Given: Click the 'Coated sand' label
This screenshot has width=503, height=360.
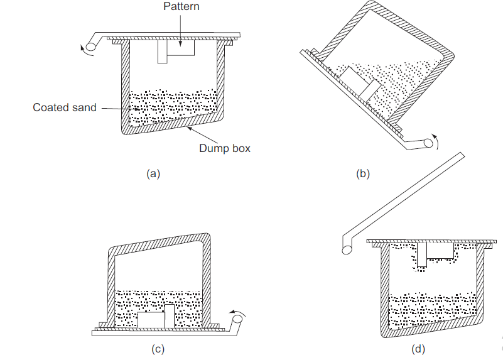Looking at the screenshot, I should [65, 107].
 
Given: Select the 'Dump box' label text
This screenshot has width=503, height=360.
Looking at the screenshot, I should [225, 148].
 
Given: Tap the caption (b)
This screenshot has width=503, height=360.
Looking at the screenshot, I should [363, 174].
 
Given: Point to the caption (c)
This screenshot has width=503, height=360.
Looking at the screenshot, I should [158, 349].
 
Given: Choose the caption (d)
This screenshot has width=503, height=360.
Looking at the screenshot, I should [418, 349].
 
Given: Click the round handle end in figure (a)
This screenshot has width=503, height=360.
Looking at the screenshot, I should [92, 45].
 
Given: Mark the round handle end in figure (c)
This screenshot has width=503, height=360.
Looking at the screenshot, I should [237, 323].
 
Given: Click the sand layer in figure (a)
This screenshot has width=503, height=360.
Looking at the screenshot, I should [172, 107].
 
